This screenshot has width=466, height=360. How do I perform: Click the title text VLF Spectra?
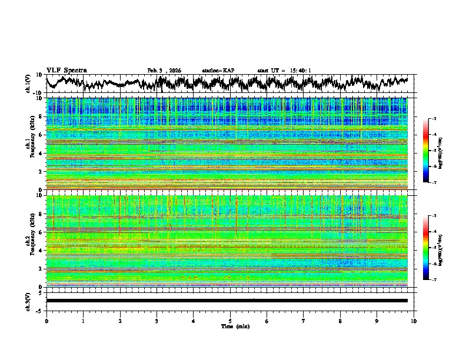coord(66,70)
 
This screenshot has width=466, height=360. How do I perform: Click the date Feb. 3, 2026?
coord(164,71)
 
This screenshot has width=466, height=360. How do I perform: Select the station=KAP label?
coord(218,71)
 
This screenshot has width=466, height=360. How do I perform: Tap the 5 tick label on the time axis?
coord(230,321)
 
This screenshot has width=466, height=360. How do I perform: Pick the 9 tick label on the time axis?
coord(377,321)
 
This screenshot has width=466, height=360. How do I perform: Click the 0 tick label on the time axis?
coord(46,321)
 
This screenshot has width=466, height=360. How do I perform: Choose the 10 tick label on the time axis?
coord(414,321)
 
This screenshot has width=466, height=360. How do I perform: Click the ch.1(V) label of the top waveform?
coord(28,84)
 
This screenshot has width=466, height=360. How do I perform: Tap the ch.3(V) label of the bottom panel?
coord(28,300)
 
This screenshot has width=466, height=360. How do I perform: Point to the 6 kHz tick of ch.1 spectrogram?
coord(41,135)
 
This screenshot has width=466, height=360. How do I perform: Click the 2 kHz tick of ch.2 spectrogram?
coord(41,269)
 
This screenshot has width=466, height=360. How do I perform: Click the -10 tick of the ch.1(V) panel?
coord(38,93)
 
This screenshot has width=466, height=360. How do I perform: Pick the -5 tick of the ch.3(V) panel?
coord(39,310)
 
